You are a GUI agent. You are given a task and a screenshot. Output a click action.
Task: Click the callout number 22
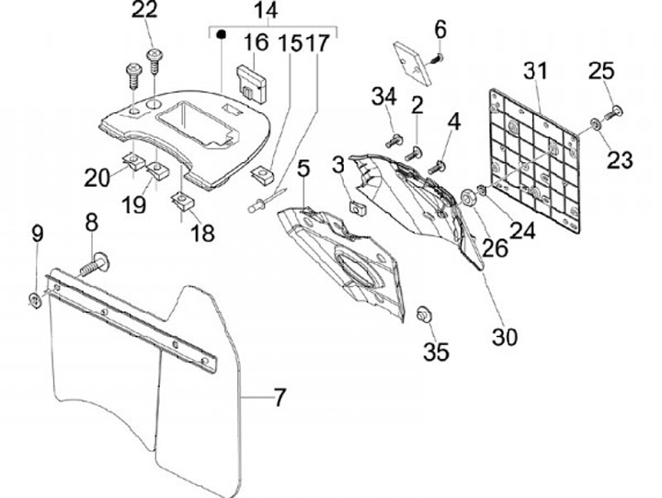point(144,10)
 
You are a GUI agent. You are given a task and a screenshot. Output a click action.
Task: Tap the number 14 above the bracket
point(266,10)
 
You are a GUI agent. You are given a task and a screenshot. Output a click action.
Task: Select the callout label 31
point(535,71)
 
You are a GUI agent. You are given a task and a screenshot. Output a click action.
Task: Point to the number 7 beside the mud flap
point(280,397)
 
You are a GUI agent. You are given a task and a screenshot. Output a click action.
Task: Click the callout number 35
point(436,352)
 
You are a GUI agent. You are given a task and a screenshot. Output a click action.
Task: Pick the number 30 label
point(505,337)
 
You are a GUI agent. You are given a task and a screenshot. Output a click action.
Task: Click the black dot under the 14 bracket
point(221,34)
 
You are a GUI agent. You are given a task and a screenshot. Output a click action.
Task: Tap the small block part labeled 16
point(252,84)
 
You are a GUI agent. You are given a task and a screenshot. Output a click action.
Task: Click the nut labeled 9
point(34,300)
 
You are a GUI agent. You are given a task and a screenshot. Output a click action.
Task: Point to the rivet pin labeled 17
point(267,200)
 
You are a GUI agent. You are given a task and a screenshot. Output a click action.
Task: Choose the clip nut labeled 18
point(183,200)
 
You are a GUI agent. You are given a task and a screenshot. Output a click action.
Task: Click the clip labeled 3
point(357,208)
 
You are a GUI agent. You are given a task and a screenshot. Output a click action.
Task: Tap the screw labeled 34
point(394,141)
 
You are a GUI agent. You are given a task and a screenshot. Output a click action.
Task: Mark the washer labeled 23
point(596,124)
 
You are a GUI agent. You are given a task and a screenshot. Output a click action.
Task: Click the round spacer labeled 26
point(469,197)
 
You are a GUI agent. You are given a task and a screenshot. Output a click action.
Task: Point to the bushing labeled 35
point(423,314)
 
